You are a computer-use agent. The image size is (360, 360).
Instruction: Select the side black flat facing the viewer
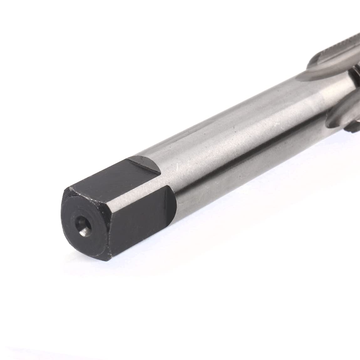(x=141, y=216)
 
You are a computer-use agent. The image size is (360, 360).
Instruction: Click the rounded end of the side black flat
(x=172, y=200)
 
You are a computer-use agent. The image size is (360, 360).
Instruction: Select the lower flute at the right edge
(x=344, y=110)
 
